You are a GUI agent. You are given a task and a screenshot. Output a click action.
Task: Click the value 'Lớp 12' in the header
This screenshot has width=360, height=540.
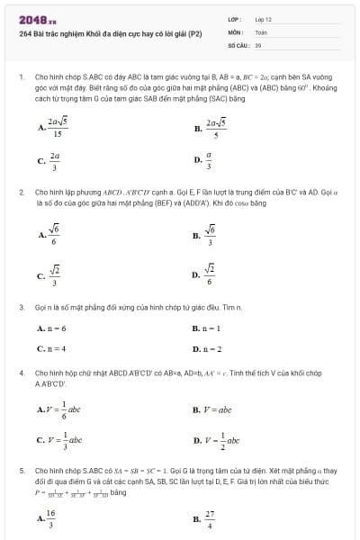264,18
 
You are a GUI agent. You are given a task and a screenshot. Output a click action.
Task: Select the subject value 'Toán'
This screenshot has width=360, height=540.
262,31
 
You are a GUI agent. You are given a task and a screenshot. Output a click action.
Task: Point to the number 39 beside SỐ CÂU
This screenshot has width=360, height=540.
258,43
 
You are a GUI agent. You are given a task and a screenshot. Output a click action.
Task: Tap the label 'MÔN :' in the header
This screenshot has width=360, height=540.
236,31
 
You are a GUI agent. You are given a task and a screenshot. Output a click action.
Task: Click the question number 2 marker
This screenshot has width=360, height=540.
21,193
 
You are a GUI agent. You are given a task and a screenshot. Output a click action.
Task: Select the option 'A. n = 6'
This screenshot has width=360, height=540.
51,328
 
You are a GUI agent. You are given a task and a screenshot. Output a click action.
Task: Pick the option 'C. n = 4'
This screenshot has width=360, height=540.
51,348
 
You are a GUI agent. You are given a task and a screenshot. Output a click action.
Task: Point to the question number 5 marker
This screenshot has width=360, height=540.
21,470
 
